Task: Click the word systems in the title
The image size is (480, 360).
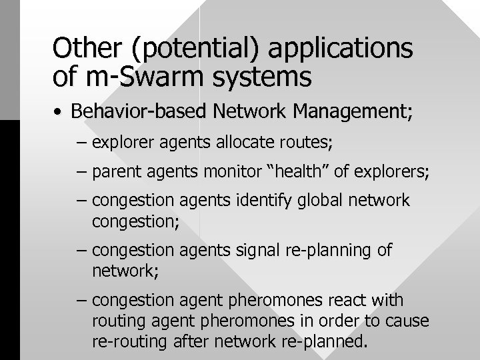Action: click(x=270, y=78)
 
